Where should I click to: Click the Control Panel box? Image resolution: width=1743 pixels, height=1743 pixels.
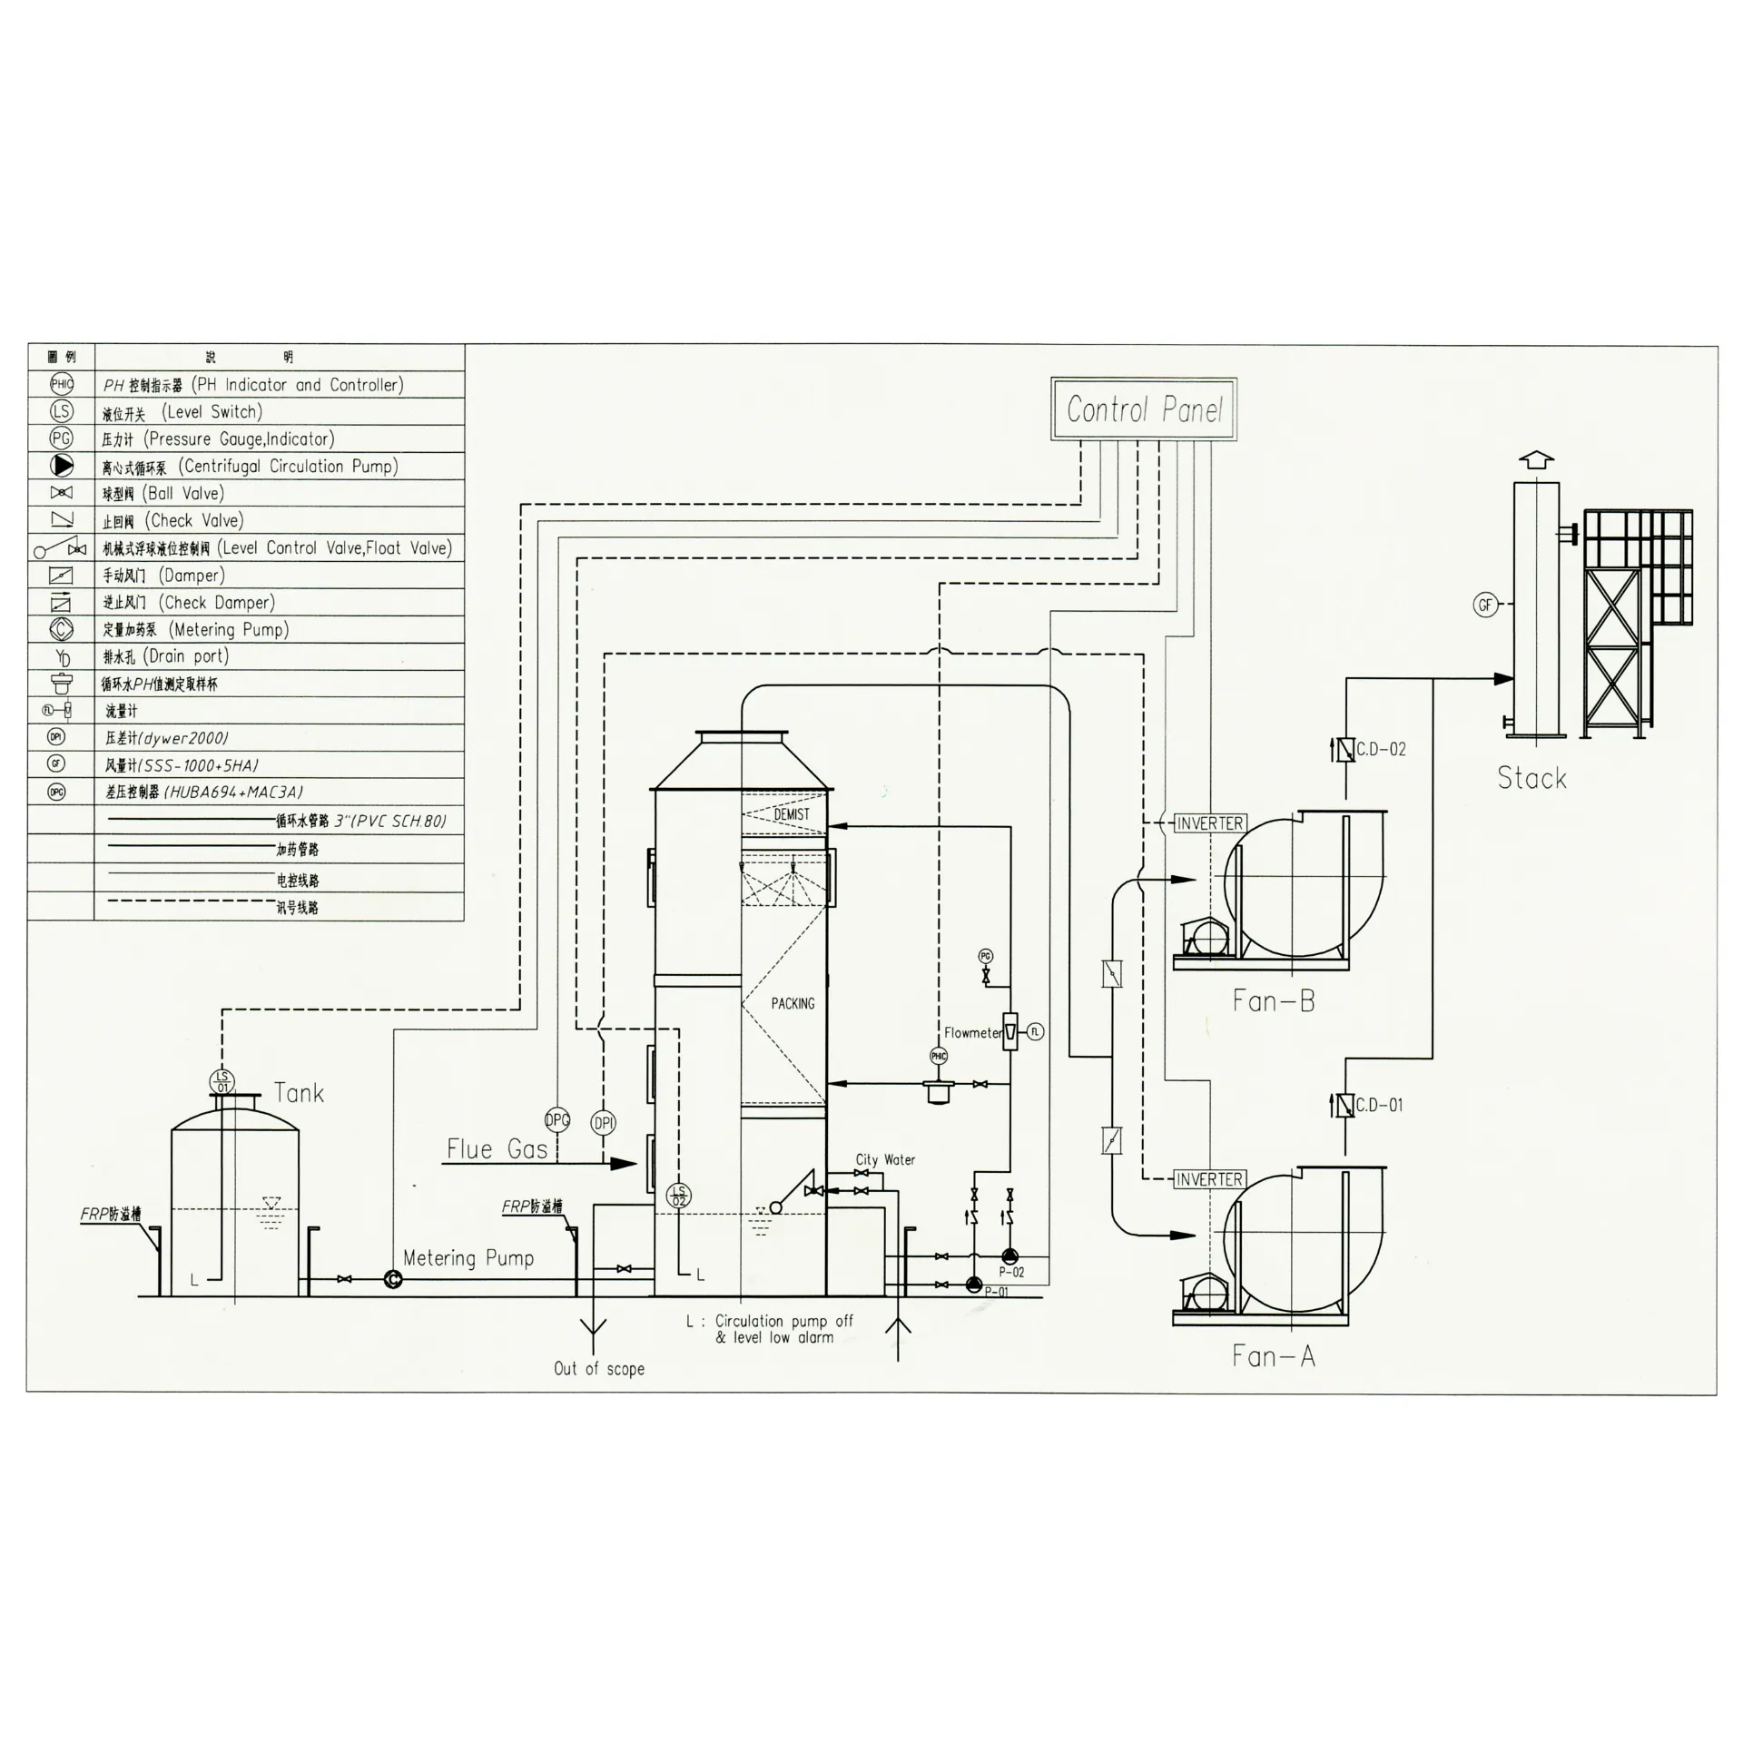coord(1144,409)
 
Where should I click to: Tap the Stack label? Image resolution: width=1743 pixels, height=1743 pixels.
coord(1531,778)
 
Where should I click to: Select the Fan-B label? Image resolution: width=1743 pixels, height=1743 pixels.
coord(1273,1001)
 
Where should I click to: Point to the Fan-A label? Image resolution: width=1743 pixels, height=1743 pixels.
coord(1273,1356)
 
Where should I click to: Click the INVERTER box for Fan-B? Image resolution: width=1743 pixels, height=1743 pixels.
coord(1209,823)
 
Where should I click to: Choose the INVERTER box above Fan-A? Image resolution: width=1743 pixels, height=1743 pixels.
coord(1209,1179)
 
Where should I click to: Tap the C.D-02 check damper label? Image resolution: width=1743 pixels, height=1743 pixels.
coord(1381,750)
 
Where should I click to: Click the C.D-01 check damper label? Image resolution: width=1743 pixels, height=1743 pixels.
coord(1379,1106)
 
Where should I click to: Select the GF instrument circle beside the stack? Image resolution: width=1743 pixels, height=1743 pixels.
coord(1485,605)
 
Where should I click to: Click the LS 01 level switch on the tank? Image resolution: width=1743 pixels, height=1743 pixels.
coord(222,1082)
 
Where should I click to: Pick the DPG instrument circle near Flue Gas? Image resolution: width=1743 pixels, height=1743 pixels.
coord(557,1120)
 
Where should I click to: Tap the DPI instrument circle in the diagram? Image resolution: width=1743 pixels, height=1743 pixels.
coord(604,1123)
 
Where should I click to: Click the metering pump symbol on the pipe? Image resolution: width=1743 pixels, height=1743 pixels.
coord(393,1279)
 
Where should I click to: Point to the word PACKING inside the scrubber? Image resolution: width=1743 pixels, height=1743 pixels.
coord(793,1003)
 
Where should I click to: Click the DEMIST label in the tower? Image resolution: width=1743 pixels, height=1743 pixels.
coord(791,814)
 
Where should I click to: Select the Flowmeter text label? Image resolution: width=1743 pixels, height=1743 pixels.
coord(972,1033)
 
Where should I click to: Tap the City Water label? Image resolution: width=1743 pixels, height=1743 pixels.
coord(885,1160)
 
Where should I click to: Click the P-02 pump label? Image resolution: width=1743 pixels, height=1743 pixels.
coord(1011,1272)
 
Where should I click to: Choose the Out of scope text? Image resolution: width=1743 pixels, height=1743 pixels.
coord(599,1369)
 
